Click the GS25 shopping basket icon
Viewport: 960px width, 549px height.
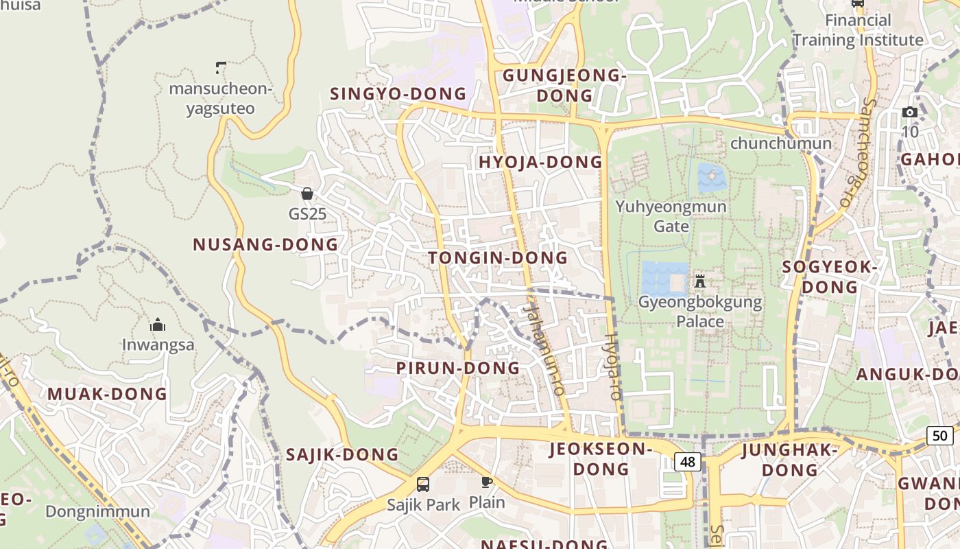tap(307, 194)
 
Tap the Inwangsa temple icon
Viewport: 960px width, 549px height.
tap(158, 325)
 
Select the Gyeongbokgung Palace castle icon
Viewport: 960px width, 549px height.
tap(700, 281)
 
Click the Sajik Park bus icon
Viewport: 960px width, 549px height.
tap(423, 484)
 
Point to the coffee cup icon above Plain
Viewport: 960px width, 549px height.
tap(487, 482)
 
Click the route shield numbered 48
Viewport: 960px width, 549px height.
tap(687, 462)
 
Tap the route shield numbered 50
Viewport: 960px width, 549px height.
tap(939, 435)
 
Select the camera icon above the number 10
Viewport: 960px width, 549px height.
tap(910, 113)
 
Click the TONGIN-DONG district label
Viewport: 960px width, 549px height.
tap(498, 258)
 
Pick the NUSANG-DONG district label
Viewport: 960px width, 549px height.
tap(265, 245)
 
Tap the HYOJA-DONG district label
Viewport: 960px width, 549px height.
tap(540, 163)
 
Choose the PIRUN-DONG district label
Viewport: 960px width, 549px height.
tap(458, 369)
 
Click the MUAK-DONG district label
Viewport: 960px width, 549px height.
tap(107, 395)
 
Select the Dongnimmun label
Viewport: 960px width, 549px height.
tap(97, 512)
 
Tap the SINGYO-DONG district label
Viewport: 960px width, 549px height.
tap(398, 94)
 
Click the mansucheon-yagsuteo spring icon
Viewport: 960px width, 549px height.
tap(221, 67)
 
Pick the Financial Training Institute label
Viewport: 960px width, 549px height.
tap(858, 30)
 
